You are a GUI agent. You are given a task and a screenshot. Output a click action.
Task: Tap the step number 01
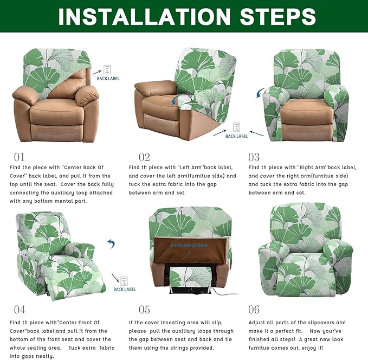(x=20, y=157)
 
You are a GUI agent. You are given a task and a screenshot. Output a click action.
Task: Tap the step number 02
(x=144, y=157)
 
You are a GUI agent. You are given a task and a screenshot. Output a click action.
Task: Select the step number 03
(x=254, y=157)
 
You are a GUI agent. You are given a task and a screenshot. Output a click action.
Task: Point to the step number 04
(x=20, y=310)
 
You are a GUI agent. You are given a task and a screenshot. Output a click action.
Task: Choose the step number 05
(x=144, y=310)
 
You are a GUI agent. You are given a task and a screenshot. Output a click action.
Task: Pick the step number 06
(x=254, y=310)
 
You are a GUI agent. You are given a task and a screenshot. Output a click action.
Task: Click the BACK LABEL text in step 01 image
(x=108, y=79)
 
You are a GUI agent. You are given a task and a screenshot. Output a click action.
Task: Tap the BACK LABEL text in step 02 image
(x=237, y=136)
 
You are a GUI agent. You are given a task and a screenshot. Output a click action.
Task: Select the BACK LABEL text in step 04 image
(x=125, y=290)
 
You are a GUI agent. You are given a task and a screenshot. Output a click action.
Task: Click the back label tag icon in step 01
(x=107, y=69)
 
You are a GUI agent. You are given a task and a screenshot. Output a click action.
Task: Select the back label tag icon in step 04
(x=124, y=280)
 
